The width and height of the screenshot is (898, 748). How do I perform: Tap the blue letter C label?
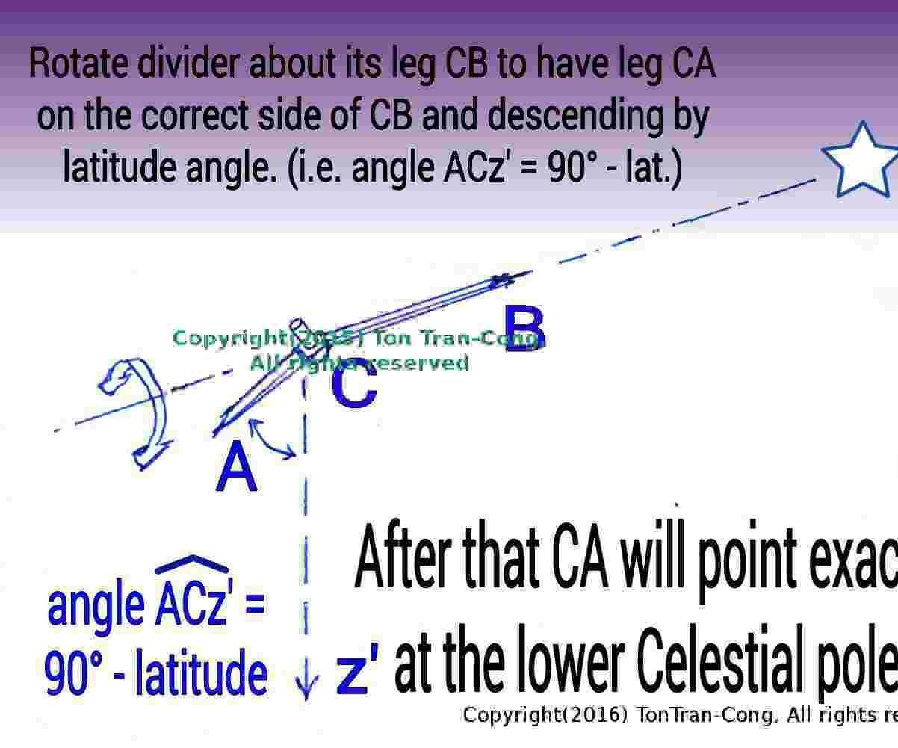(354, 388)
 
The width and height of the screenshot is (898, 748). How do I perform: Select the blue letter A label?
(237, 468)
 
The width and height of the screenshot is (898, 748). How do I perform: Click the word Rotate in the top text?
(78, 65)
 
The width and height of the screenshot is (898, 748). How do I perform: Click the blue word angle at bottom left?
(96, 606)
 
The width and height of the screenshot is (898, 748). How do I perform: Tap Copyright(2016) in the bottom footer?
(544, 715)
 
